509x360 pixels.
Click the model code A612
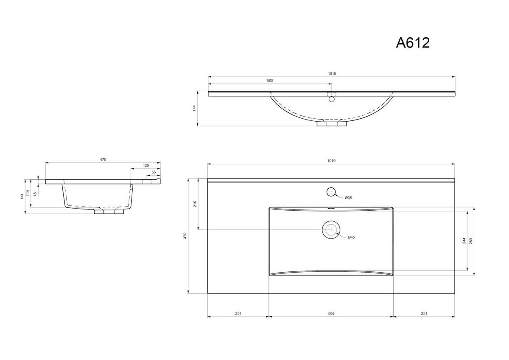pos(413,42)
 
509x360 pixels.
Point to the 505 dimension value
pos(270,80)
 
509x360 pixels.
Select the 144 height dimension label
pos(194,108)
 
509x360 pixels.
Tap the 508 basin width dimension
pos(331,313)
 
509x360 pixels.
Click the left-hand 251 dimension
pos(238,313)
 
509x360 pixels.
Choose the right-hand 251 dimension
pos(424,313)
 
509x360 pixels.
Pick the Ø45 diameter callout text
pos(351,237)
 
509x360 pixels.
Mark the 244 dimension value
pos(464,241)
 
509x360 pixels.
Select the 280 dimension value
pos(471,241)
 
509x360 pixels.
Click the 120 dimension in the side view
pos(146,165)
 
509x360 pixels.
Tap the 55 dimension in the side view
pos(154,172)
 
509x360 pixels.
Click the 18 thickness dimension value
pos(35,193)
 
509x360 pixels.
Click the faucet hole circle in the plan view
pos(331,192)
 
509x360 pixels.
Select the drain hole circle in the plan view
pos(331,229)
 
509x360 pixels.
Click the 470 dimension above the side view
pos(103,159)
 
